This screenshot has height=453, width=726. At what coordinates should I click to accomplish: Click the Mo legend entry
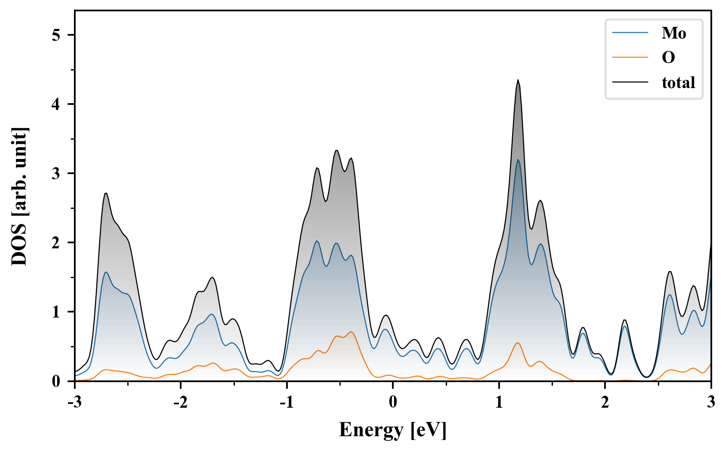coord(673,33)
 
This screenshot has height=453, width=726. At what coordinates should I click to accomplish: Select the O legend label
coord(668,57)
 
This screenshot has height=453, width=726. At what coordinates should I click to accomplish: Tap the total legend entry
coord(678,82)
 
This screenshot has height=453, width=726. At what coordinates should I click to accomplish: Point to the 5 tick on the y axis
coord(56,35)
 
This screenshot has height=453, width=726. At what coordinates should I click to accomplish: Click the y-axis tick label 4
coord(56,104)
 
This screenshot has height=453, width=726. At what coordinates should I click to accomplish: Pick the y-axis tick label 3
coord(56,173)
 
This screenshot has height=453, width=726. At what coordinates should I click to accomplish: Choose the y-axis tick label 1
coord(56,312)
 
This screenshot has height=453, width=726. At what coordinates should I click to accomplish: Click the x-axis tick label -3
coord(74,402)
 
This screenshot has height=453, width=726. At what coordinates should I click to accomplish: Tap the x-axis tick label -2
coord(180,402)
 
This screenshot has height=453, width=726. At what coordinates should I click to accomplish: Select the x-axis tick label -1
coord(286,402)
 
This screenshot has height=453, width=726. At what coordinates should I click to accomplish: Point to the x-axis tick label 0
coord(393,402)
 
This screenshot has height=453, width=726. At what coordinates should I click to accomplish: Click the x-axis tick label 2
coord(605,402)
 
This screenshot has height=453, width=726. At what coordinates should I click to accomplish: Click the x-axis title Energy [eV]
coord(393,430)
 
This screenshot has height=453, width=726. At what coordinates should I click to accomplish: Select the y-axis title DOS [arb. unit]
coord(19,196)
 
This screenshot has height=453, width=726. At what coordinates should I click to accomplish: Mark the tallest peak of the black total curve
coord(518,80)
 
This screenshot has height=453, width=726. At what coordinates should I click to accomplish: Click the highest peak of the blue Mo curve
coord(518,159)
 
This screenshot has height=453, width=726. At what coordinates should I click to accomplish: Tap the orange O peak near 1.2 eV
coord(518,343)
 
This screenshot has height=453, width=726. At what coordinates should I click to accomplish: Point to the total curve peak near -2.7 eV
coord(106,193)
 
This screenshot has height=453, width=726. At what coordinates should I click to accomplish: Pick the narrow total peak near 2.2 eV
coord(625,320)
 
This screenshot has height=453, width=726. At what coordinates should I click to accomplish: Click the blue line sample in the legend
coord(630,33)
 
